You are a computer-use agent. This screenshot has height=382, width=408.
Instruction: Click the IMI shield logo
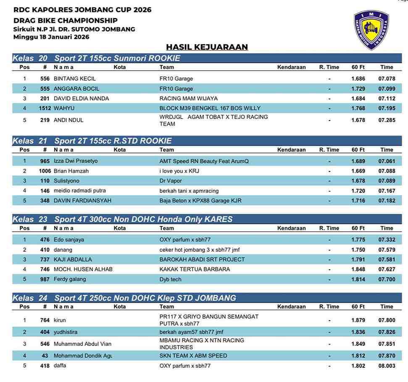tap(371, 30)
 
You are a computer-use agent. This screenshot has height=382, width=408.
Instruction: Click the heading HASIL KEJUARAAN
tap(207, 47)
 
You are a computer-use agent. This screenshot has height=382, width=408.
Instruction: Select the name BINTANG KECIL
tap(74, 79)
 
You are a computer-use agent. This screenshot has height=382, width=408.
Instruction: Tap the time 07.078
tap(387, 79)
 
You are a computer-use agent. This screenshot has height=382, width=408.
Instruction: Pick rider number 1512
tap(45, 108)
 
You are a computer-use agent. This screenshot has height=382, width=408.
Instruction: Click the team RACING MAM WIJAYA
tap(188, 98)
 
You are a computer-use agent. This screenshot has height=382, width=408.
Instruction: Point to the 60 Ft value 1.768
tap(358, 108)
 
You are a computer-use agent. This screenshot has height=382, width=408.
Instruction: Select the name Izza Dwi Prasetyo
tap(76, 161)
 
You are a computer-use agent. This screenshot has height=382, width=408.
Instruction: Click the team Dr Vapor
tap(171, 181)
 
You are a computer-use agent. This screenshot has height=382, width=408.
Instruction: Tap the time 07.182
tap(387, 201)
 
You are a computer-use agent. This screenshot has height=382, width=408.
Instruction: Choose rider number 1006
tap(45, 171)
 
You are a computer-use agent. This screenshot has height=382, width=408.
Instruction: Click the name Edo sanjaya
tap(68, 240)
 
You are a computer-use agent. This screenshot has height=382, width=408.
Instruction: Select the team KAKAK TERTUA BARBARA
tap(195, 269)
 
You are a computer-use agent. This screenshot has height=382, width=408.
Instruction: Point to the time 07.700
tap(387, 279)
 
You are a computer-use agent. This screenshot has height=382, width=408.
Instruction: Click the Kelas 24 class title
tap(124, 298)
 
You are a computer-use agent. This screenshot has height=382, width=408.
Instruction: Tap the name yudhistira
tap(65, 332)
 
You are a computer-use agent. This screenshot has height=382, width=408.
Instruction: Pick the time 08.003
tap(387, 366)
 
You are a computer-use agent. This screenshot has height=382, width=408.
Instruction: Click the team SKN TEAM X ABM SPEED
tap(193, 356)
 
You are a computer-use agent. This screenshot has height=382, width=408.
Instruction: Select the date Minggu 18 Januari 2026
tap(51, 37)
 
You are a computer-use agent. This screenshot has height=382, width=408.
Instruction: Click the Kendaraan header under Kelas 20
tap(291, 67)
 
